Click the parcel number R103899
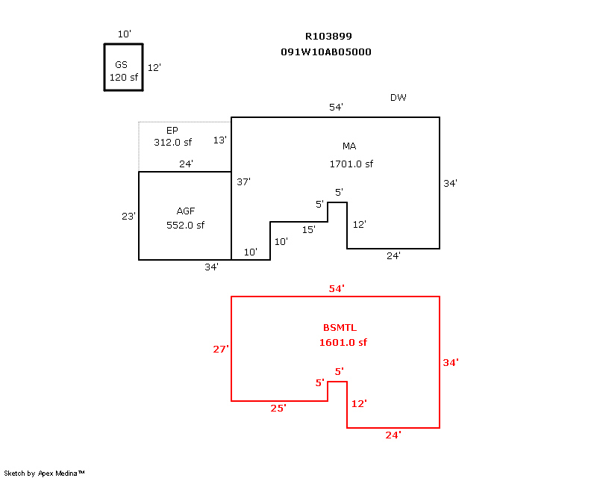pyautogui.click(x=328, y=36)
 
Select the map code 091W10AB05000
pyautogui.click(x=326, y=52)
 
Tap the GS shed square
pyautogui.click(x=123, y=68)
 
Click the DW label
pyautogui.click(x=398, y=98)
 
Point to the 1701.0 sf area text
pyautogui.click(x=351, y=164)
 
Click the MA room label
pyautogui.click(x=349, y=146)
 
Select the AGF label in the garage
pyautogui.click(x=185, y=211)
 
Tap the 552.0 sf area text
pyautogui.click(x=185, y=225)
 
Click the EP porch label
pyautogui.click(x=172, y=130)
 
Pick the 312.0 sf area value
pyautogui.click(x=172, y=142)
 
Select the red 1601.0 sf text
pyautogui.click(x=343, y=343)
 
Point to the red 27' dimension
pyautogui.click(x=220, y=349)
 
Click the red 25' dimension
pyautogui.click(x=278, y=409)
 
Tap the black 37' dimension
pyautogui.click(x=243, y=181)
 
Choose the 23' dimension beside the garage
pyautogui.click(x=128, y=217)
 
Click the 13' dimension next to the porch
pyautogui.click(x=219, y=140)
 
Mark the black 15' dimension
pyautogui.click(x=308, y=230)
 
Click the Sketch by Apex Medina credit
pyautogui.click(x=44, y=473)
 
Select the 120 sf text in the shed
pyautogui.click(x=124, y=77)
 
